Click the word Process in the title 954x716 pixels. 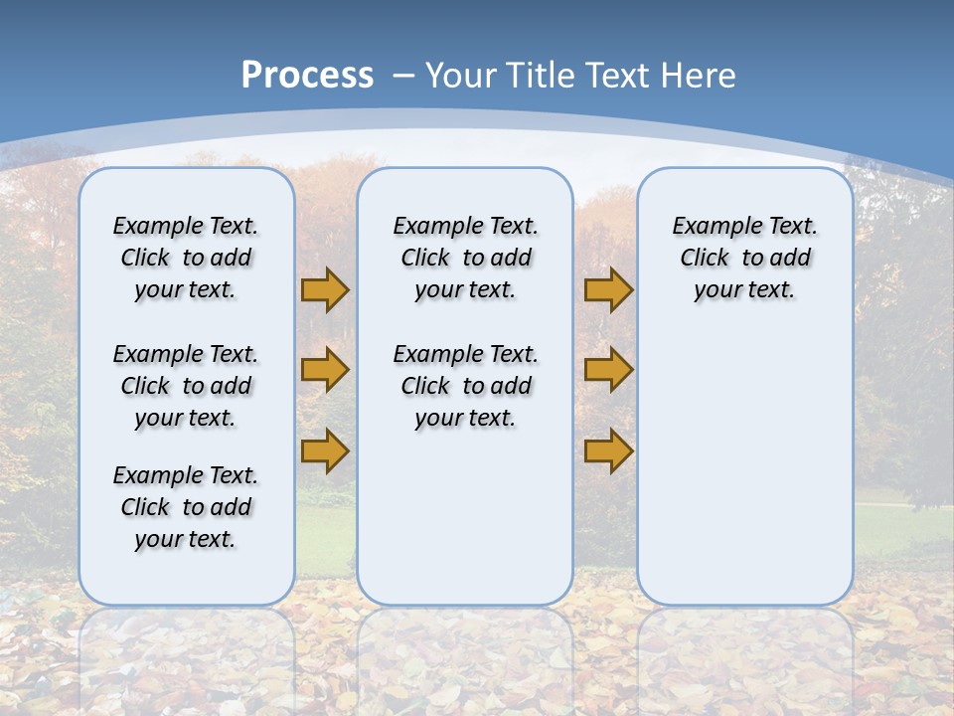pos(307,75)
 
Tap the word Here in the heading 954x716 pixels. pos(700,75)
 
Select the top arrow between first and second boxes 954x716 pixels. pos(324,289)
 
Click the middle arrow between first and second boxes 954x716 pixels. pos(324,370)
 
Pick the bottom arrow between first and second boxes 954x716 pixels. pos(324,450)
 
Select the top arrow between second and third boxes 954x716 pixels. pos(608,289)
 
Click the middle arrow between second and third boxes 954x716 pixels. pos(608,370)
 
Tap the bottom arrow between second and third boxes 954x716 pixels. pos(608,450)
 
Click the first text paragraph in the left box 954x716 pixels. pos(186,258)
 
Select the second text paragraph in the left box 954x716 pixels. pos(186,386)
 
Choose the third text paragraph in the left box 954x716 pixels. pos(186,507)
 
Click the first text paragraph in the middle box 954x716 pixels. pos(465,258)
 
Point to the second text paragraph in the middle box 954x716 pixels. pos(465,386)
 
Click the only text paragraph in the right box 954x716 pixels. pos(744,258)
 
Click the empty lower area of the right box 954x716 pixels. pos(744,467)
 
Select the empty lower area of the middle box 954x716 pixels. pos(465,517)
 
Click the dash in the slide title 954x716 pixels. pos(403,75)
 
